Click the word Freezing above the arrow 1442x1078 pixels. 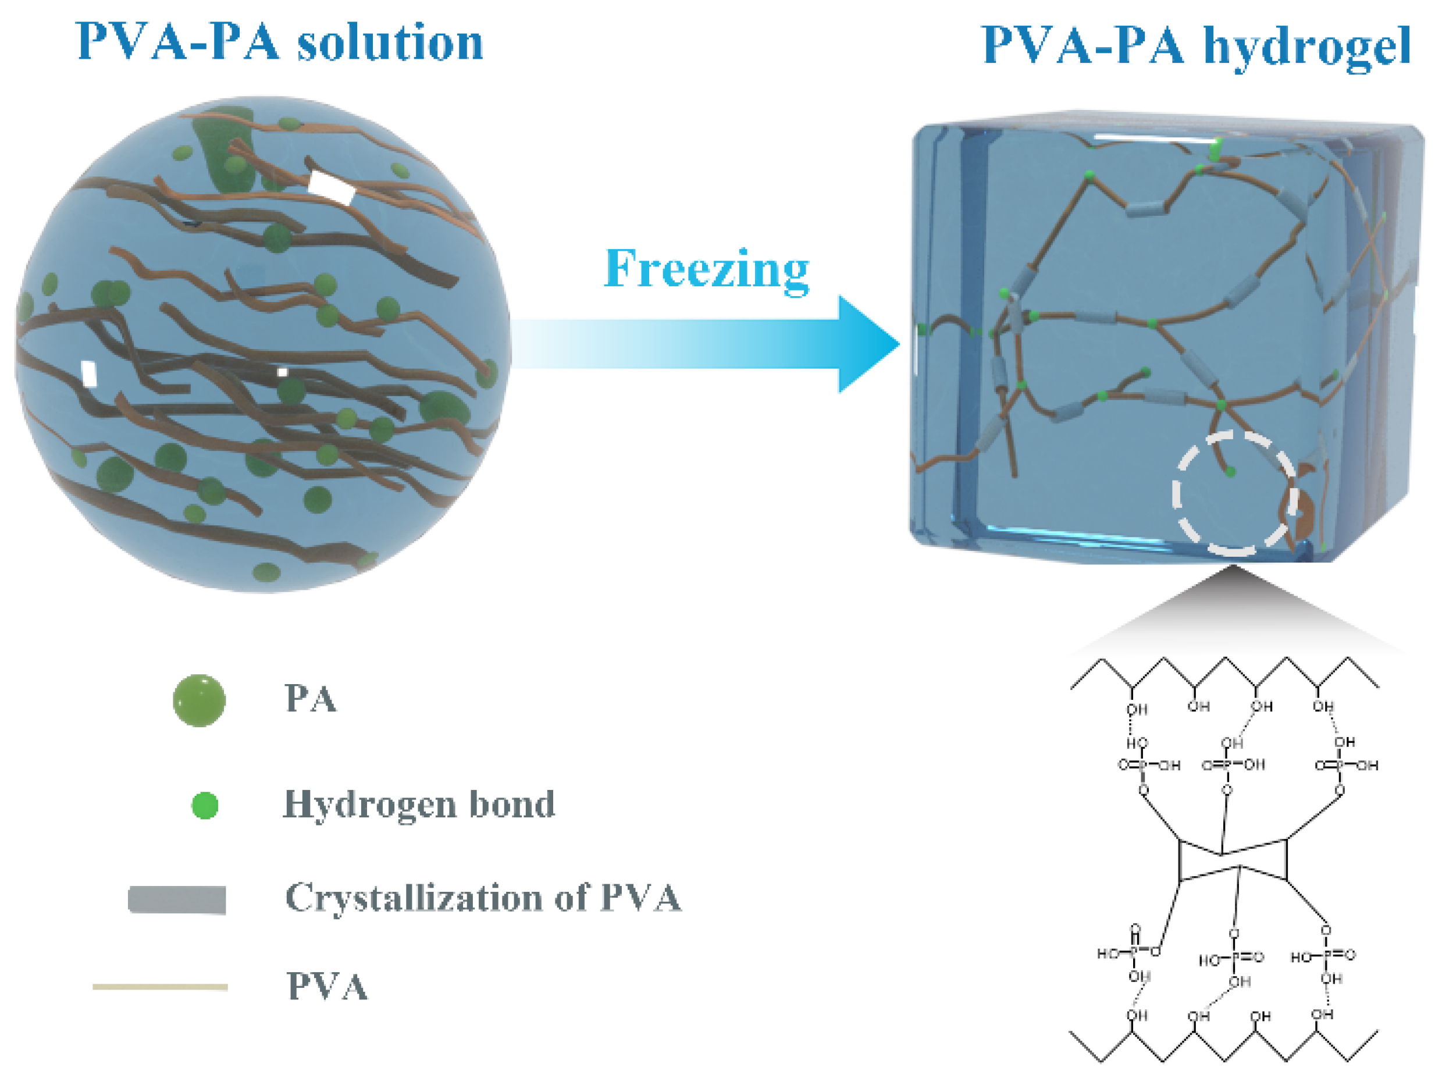707,269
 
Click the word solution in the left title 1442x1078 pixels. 390,42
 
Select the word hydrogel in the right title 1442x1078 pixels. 1306,47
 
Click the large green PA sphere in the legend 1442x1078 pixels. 199,700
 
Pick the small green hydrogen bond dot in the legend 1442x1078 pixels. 205,805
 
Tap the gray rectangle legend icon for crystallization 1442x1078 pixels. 177,900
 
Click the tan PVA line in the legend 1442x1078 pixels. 161,987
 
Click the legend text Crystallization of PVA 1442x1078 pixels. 483,898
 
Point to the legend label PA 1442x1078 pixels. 310,699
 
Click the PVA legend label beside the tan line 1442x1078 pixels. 327,987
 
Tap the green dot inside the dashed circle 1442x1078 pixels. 1230,471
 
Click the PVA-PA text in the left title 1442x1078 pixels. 177,42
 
